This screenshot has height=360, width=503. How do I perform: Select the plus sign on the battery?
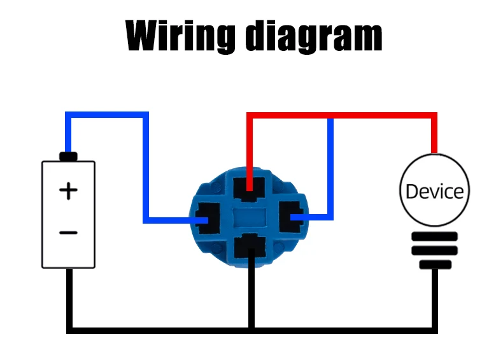point(68,191)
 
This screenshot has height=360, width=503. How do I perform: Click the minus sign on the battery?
point(68,233)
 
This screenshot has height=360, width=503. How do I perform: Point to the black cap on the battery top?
point(68,156)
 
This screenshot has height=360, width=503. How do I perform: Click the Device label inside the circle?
point(434,191)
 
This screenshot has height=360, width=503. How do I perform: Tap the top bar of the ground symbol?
point(434,236)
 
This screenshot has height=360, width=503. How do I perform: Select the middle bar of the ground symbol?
point(434,250)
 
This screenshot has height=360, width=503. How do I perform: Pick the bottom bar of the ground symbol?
point(434,264)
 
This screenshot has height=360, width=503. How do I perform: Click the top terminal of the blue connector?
point(249,188)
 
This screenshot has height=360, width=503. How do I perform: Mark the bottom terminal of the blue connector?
point(250,248)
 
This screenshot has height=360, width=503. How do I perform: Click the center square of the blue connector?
point(250,218)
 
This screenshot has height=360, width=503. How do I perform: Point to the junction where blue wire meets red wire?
point(330,116)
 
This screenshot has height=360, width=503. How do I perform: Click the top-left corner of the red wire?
point(250,116)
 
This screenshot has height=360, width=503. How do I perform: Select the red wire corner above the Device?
point(434,116)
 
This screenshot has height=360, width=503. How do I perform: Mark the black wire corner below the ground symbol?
point(434,330)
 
